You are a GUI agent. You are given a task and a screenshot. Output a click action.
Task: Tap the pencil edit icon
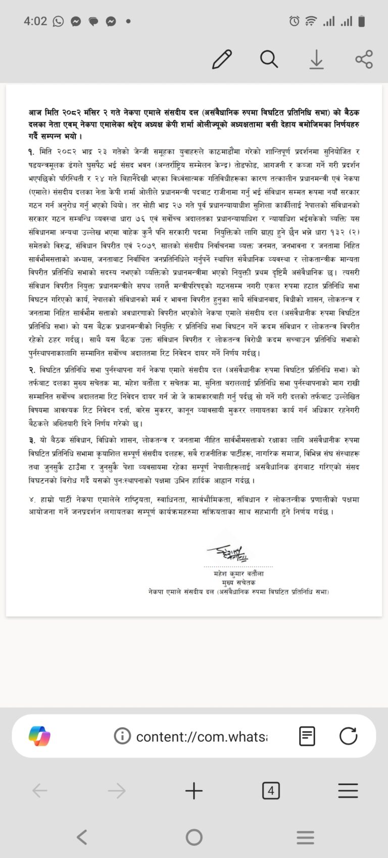222,59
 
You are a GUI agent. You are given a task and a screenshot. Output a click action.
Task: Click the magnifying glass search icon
269,59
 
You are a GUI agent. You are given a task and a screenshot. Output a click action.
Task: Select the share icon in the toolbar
364,59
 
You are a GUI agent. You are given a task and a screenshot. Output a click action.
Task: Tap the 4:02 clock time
35,21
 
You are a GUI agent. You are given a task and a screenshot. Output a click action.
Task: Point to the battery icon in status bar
361,21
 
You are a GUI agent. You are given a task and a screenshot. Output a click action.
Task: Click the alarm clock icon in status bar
294,21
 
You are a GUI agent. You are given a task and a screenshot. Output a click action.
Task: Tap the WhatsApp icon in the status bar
58,21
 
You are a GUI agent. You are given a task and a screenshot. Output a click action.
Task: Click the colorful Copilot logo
39,736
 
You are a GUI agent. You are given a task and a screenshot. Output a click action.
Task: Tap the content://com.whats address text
202,736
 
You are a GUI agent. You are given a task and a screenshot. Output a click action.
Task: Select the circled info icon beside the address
122,736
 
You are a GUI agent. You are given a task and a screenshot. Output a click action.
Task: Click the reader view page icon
307,736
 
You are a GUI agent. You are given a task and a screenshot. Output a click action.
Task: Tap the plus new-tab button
194,791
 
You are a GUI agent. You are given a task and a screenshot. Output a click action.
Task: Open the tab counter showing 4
271,791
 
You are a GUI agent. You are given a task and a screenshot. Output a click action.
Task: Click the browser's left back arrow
39,791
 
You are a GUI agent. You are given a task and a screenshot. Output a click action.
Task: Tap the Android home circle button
194,837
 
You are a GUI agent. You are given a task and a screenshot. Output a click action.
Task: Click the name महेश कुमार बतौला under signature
238,574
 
